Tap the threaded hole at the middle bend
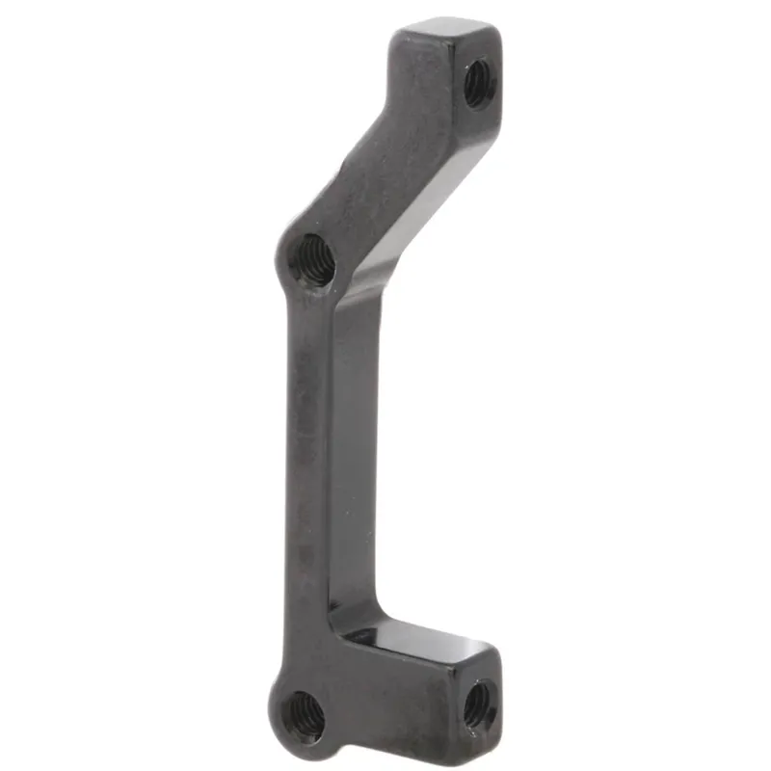pos(312,259)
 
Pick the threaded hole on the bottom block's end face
pos(479,705)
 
